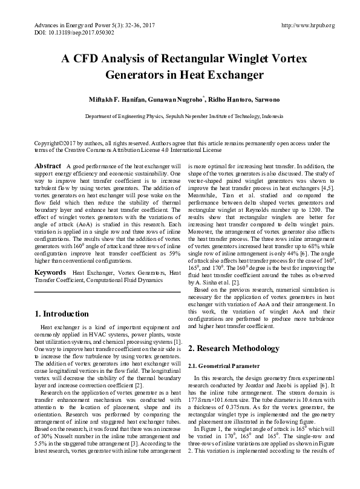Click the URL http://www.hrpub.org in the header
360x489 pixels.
(x=308, y=25)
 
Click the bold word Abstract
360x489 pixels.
(x=48, y=165)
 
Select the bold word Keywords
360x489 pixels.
(x=51, y=273)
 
